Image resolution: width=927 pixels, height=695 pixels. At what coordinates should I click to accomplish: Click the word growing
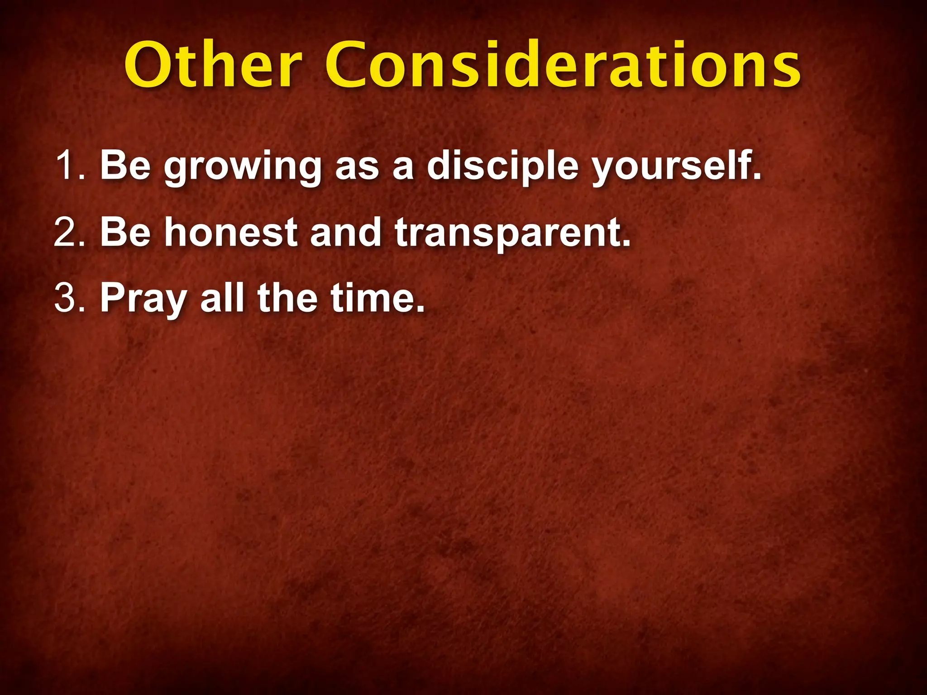(x=242, y=167)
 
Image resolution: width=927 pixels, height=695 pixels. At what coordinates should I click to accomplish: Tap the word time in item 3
(x=377, y=298)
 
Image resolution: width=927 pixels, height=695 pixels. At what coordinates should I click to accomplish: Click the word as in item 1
(x=357, y=167)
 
